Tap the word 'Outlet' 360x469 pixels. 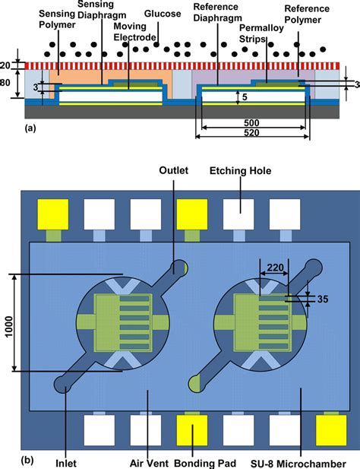[x=172, y=171]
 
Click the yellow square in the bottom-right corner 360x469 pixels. [x=329, y=429]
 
